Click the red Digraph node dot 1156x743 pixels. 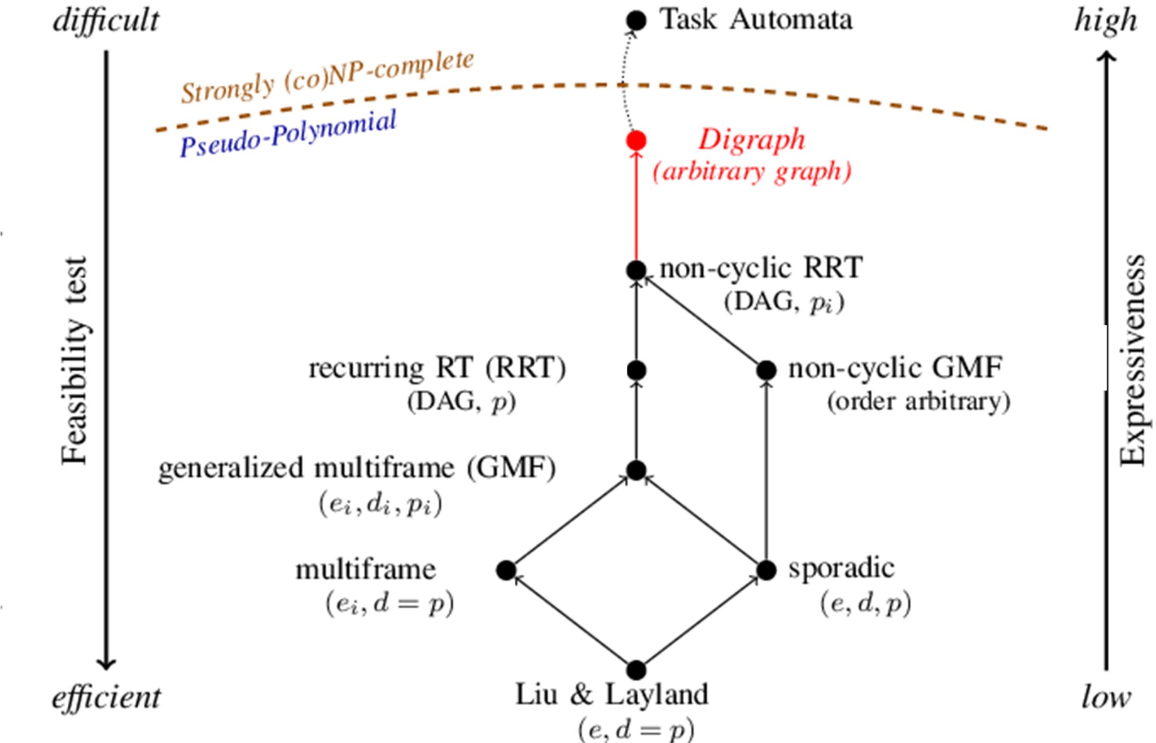636,140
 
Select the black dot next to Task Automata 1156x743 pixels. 636,21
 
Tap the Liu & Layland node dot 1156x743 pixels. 636,670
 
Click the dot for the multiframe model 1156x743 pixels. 506,570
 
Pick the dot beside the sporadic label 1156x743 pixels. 766,570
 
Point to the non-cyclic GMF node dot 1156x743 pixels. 766,370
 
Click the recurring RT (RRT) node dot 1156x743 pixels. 636,370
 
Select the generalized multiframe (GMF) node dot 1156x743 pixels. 636,470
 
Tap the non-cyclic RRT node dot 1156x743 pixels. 636,270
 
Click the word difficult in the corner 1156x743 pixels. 106,21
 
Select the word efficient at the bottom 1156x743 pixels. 106,698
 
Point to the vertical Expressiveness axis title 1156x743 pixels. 1132,361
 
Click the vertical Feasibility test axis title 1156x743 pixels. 75,361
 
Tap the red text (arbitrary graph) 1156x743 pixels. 751,172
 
